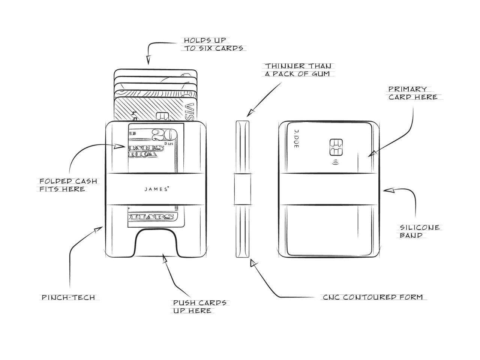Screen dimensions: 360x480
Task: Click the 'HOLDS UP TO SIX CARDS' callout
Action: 213,44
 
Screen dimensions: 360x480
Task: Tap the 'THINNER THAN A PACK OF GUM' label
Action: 298,70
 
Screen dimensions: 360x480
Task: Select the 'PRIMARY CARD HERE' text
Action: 412,93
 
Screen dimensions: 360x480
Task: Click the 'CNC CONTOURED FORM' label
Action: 373,297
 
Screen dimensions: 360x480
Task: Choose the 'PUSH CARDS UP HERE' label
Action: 199,307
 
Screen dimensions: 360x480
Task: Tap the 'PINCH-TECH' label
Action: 68,298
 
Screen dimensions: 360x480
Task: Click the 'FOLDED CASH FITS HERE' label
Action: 68,185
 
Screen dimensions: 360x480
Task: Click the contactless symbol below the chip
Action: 334,163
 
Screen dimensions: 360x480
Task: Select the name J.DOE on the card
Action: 296,139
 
